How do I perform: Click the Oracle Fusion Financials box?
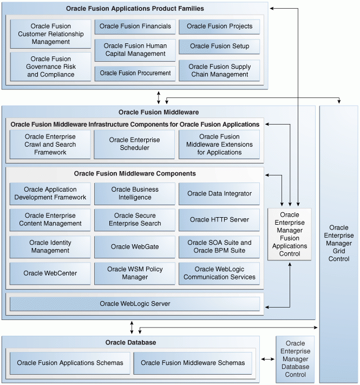(x=135, y=27)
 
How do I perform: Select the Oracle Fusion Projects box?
(x=219, y=27)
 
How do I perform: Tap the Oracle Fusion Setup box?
(x=219, y=47)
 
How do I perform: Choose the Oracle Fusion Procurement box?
(x=135, y=73)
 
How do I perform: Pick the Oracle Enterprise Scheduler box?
(x=135, y=144)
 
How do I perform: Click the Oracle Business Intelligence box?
(x=135, y=193)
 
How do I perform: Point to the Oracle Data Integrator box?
(x=219, y=193)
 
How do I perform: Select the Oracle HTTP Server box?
(x=219, y=220)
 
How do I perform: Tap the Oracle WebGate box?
(x=135, y=246)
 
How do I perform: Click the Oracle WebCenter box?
(x=50, y=273)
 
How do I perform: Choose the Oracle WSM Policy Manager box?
(x=135, y=273)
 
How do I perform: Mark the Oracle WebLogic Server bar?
(x=135, y=304)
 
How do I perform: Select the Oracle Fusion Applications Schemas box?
(x=70, y=363)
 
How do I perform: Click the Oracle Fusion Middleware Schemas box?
(x=193, y=363)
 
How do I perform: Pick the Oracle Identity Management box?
(x=50, y=246)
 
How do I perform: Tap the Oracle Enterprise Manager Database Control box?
(x=295, y=359)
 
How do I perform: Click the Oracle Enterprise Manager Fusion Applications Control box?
(x=290, y=234)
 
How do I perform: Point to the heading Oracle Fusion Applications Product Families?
(x=135, y=9)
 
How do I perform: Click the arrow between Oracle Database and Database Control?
(x=268, y=359)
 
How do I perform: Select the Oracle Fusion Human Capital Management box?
(x=135, y=50)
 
